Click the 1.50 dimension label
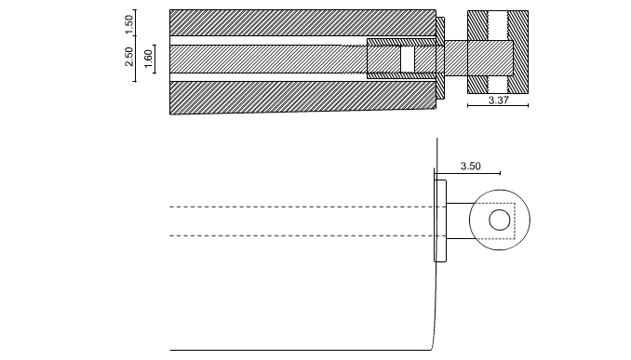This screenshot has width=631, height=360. coord(128,24)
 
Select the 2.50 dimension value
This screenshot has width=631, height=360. coord(128,57)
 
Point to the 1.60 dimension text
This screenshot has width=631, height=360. coord(148,59)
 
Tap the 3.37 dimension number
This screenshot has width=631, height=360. coord(499,100)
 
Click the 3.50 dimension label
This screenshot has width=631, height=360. coord(470,167)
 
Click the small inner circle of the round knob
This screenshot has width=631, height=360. coord(500,220)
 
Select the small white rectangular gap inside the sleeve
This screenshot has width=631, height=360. coord(408,60)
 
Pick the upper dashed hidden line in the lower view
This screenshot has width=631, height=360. coord(302,207)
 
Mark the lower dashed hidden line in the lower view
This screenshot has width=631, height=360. coord(302,235)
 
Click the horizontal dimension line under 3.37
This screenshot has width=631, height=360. coord(498,106)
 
